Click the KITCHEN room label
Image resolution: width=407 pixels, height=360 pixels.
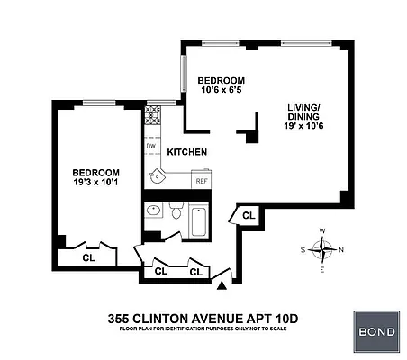(187, 152)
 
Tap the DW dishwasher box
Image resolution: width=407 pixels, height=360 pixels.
(150, 146)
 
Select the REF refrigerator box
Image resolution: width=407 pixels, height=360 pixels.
(203, 181)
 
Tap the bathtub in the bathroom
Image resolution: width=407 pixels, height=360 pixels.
(197, 218)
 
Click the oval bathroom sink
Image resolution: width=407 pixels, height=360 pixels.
(153, 212)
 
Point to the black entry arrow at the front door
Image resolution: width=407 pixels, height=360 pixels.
(222, 286)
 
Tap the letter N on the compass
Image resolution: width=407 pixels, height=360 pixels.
(340, 249)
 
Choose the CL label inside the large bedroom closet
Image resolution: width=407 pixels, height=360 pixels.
(88, 256)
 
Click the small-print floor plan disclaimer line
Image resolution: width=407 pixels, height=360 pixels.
(203, 329)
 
